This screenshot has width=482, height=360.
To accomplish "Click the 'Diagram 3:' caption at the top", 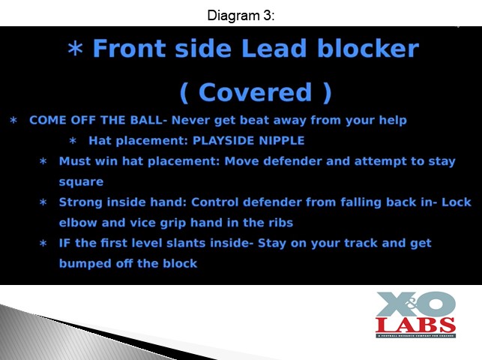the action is pyautogui.click(x=241, y=15).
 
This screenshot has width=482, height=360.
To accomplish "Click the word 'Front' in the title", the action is pyautogui.click(x=130, y=49).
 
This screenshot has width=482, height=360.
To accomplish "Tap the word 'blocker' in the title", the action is pyautogui.click(x=368, y=48).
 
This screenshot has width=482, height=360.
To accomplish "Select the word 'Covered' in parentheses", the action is pyautogui.click(x=255, y=92).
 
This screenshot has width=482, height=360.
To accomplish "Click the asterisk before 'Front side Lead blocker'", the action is pyautogui.click(x=75, y=49).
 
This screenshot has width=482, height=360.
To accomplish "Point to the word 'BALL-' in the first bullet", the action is pyautogui.click(x=148, y=120).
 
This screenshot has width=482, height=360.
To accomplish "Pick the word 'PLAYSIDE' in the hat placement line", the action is pyautogui.click(x=223, y=140).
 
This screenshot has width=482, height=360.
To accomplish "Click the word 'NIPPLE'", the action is pyautogui.click(x=282, y=140).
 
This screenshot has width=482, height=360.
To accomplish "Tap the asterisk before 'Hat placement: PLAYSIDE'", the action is pyautogui.click(x=73, y=141).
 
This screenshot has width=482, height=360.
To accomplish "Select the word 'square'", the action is pyautogui.click(x=81, y=182).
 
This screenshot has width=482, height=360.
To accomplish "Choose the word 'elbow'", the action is pyautogui.click(x=78, y=223).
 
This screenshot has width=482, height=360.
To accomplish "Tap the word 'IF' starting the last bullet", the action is pyautogui.click(x=64, y=243).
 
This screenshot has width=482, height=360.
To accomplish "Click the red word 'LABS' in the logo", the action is pyautogui.click(x=415, y=324).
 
